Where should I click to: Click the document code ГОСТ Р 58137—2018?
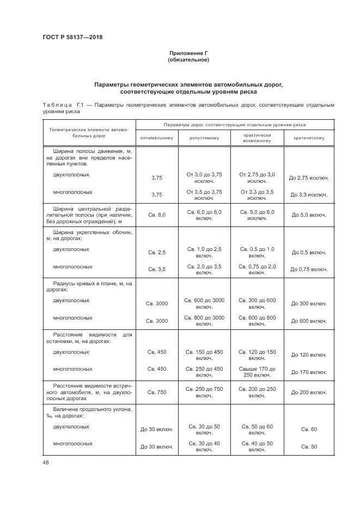tap(72, 37)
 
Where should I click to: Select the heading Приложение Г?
tap(188, 53)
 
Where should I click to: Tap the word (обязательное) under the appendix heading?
tap(188, 60)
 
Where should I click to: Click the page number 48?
tap(45, 462)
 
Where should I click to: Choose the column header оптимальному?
tap(156, 138)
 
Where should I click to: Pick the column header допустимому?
tap(204, 138)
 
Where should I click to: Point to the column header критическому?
tap(309, 138)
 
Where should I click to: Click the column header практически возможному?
tap(257, 138)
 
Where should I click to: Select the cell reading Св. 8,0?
tap(156, 215)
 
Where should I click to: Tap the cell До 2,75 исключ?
tap(309, 178)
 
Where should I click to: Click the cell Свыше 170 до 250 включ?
tap(257, 372)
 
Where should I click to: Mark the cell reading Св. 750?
tap(156, 392)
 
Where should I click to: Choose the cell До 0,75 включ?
tap(309, 269)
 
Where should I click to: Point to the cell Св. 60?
tap(309, 430)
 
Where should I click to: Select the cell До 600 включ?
tap(309, 321)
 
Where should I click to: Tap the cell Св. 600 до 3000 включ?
tap(204, 303)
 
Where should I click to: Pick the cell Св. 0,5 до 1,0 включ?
tap(257, 252)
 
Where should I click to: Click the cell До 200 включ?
tap(309, 392)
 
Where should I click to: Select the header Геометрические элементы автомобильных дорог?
tap(89, 133)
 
